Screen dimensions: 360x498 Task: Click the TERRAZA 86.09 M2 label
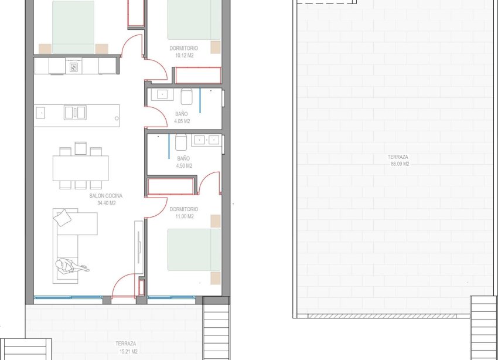tap(398, 161)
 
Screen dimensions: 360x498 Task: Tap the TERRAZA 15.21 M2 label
tap(126, 348)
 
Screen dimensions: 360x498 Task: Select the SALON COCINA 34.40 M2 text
tap(106, 200)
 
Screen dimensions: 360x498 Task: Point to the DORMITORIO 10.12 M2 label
tap(183, 52)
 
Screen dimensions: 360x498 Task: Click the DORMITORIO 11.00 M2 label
tap(183, 213)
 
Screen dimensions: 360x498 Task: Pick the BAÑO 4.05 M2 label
tap(182, 118)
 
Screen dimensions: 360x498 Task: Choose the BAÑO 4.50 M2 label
tap(184, 162)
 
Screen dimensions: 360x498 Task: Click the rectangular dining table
tap(80, 168)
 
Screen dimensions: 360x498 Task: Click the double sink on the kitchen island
tap(74, 112)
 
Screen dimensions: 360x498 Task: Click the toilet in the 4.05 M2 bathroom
tap(187, 97)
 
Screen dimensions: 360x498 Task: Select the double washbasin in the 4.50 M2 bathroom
tap(207, 140)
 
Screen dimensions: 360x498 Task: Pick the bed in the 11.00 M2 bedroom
tap(194, 250)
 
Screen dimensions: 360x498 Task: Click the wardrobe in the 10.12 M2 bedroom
tap(197, 76)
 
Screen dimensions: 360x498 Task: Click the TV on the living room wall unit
tap(139, 249)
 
